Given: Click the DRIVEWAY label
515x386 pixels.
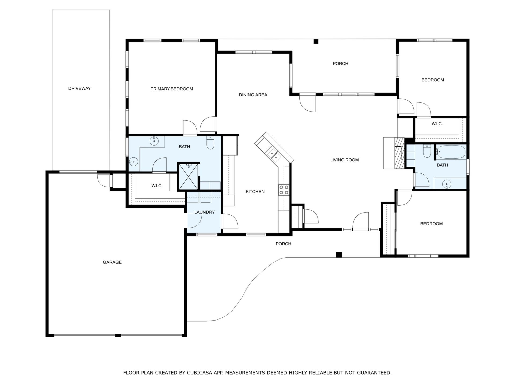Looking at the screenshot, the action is point(79,88).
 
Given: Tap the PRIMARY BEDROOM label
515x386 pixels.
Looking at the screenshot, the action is point(172,89).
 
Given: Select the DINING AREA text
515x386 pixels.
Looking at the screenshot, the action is point(253,95).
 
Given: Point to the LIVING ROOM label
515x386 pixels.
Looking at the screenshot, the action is point(344,160).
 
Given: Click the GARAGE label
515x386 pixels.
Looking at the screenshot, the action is point(112,262).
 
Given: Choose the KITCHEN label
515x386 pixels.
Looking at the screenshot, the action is point(255,192).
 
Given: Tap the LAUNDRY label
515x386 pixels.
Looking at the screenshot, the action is point(204,212).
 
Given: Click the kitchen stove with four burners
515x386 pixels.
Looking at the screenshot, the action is point(284,190).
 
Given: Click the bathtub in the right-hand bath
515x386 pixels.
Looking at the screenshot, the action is point(450,152).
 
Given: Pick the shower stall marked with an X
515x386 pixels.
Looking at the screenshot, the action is point(189,176).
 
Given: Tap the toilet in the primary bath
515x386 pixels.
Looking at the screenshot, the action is point(210,143).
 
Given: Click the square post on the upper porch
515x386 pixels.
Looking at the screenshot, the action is point(316,42).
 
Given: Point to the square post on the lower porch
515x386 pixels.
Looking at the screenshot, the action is point(339,255).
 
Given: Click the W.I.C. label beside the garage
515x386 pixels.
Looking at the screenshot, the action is point(157,186).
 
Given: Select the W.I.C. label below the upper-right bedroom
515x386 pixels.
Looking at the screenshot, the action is point(437,124).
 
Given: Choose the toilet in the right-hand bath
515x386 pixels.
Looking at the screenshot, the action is point(427,151).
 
